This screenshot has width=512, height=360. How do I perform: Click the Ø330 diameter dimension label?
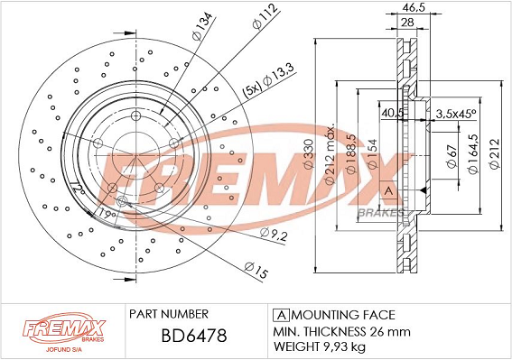[309, 153]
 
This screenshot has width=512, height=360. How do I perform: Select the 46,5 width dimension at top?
[414, 7]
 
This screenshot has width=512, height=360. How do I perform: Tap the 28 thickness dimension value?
[407, 23]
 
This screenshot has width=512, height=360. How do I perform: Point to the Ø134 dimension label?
[202, 26]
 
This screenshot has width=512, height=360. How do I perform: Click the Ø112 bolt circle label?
[265, 16]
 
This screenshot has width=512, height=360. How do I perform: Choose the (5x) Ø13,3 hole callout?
[268, 81]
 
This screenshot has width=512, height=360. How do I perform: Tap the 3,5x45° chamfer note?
[456, 114]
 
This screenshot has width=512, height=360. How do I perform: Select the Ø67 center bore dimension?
[451, 156]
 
